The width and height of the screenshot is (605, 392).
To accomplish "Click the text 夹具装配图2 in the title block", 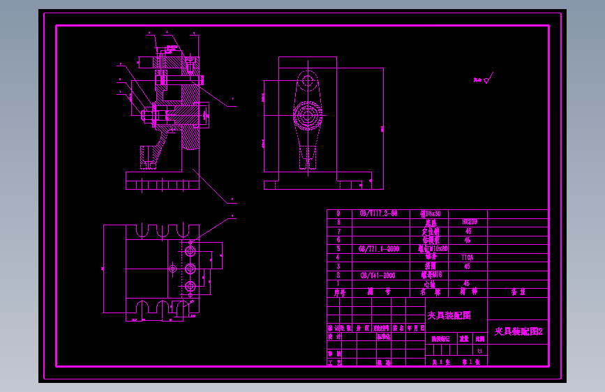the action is tap(518, 332).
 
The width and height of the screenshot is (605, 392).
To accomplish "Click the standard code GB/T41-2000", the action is tap(378, 276).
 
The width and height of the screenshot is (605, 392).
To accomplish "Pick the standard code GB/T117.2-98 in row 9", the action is tap(378, 213).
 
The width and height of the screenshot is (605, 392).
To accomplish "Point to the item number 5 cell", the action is tap(338, 248).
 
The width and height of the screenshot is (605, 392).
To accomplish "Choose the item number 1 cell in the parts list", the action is tap(338, 284).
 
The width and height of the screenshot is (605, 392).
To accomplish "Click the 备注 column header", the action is tap(518, 293).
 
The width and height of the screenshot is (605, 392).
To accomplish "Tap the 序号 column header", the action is tap(339, 293).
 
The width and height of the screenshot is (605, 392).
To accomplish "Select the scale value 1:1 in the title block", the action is tap(479, 350).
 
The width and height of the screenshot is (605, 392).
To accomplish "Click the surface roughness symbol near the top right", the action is tap(487, 79).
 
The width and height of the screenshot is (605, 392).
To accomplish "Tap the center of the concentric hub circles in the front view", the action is tap(307, 114).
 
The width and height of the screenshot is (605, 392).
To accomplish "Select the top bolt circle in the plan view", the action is tap(190, 250).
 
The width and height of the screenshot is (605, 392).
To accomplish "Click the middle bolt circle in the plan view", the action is tap(190, 268).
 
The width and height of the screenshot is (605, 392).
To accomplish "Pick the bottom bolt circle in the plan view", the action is tap(190, 286).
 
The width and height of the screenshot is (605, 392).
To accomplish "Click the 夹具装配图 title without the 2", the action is tap(449, 315).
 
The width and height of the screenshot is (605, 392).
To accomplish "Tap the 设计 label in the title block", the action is tap(334, 336).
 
